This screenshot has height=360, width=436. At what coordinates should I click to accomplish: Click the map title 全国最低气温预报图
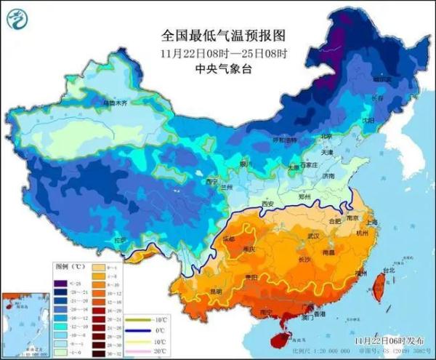(222, 35)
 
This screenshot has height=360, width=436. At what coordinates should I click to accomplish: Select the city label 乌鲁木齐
(115, 105)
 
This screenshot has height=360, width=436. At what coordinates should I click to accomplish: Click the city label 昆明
(216, 292)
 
